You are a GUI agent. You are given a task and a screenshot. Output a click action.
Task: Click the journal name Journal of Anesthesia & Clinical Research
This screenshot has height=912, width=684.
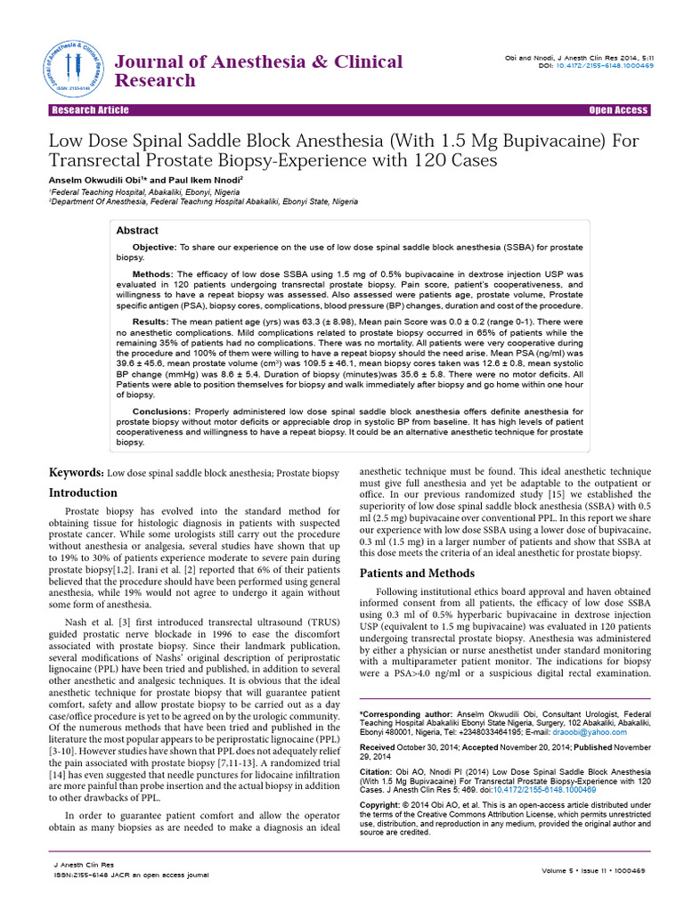tap(259, 71)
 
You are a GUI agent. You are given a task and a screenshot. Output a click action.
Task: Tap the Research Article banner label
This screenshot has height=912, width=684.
tap(90, 110)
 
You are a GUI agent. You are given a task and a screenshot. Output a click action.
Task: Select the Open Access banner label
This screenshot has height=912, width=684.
tap(619, 110)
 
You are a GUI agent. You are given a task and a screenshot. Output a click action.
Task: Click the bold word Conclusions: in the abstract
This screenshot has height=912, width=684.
tap(160, 411)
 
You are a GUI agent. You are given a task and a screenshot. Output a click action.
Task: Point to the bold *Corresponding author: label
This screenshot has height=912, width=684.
tap(404, 714)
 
